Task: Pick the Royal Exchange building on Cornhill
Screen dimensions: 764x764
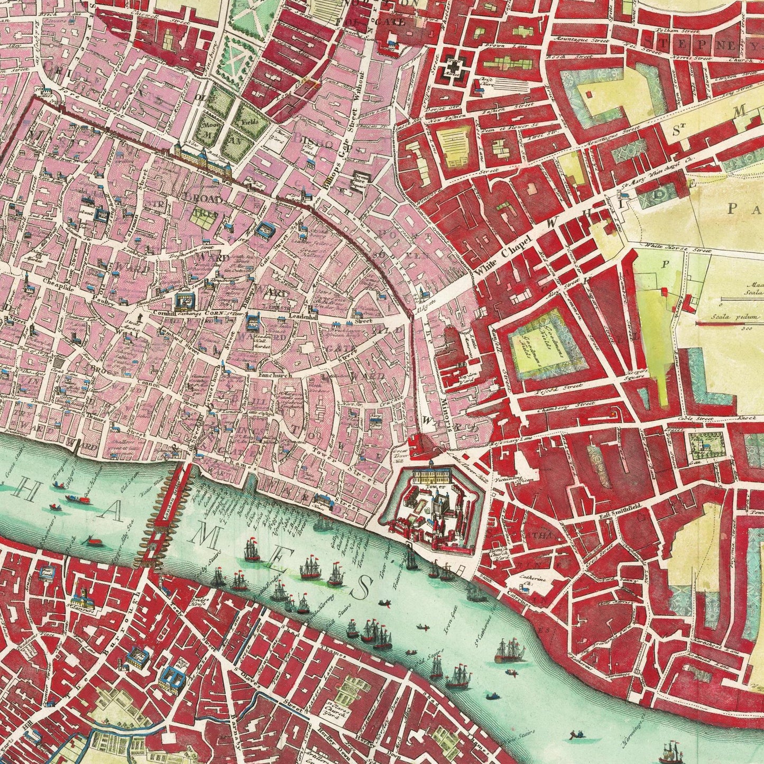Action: coord(185,301)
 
